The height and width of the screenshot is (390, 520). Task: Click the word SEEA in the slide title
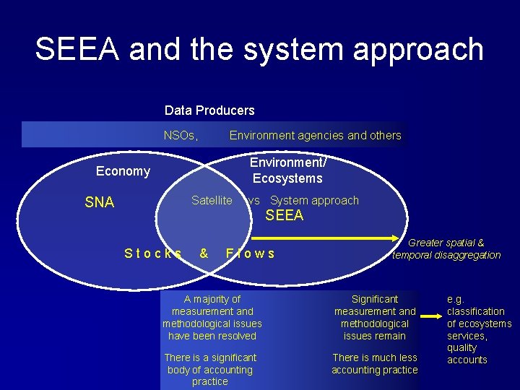coord(76,49)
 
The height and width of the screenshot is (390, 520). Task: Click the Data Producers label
coord(209,110)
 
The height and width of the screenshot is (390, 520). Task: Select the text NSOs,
coord(181,135)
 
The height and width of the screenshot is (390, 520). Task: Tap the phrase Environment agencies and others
coord(315,135)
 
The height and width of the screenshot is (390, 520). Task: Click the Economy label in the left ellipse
coord(123,171)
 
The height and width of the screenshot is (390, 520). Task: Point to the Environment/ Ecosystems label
coord(287,171)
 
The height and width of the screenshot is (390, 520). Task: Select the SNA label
coord(100,202)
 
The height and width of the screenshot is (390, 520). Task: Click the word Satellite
coord(212,200)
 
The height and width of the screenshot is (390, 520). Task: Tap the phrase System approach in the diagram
coord(314,200)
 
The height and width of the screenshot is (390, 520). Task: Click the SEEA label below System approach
coord(285,215)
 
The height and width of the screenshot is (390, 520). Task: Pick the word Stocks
coord(152,253)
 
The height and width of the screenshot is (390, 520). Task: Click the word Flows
coord(250,253)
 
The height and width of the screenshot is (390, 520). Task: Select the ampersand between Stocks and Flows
coord(204,253)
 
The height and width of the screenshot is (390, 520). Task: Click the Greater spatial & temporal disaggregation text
coord(446,249)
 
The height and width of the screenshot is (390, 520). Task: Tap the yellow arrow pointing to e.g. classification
coord(432,316)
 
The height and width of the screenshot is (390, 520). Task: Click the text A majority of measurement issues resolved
coord(212,317)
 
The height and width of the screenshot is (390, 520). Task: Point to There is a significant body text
coord(210,369)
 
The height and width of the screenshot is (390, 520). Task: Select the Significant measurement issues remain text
coord(375,317)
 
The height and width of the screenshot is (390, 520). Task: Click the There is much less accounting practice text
coord(375,363)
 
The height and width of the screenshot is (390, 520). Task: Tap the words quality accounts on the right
coord(467,354)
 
